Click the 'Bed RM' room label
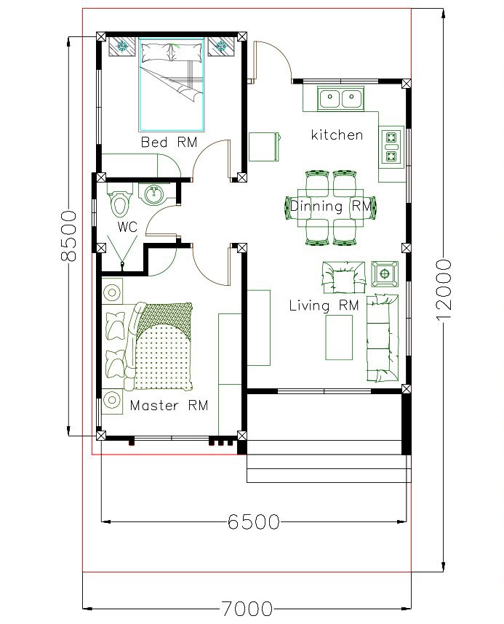[x=169, y=142]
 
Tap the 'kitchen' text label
[x=337, y=135]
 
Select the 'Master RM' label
[x=169, y=405]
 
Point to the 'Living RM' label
[x=324, y=305]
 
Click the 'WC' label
[x=128, y=227]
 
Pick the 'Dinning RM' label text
[x=331, y=206]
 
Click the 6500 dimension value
[x=253, y=521]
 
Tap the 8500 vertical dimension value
[x=68, y=236]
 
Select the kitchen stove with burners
[x=392, y=145]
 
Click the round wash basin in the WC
[x=154, y=195]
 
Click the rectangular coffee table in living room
[x=339, y=337]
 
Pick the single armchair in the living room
[x=340, y=276]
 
